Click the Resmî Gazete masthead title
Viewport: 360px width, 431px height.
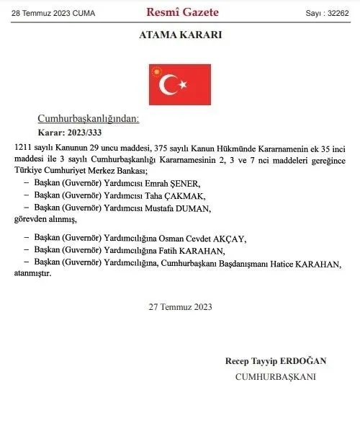182,12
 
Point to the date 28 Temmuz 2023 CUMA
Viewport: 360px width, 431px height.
53,12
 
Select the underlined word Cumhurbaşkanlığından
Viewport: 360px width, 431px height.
88,118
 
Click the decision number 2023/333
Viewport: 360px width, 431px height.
86,133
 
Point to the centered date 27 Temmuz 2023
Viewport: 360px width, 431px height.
180,306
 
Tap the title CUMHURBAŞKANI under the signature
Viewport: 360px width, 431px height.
275,376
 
